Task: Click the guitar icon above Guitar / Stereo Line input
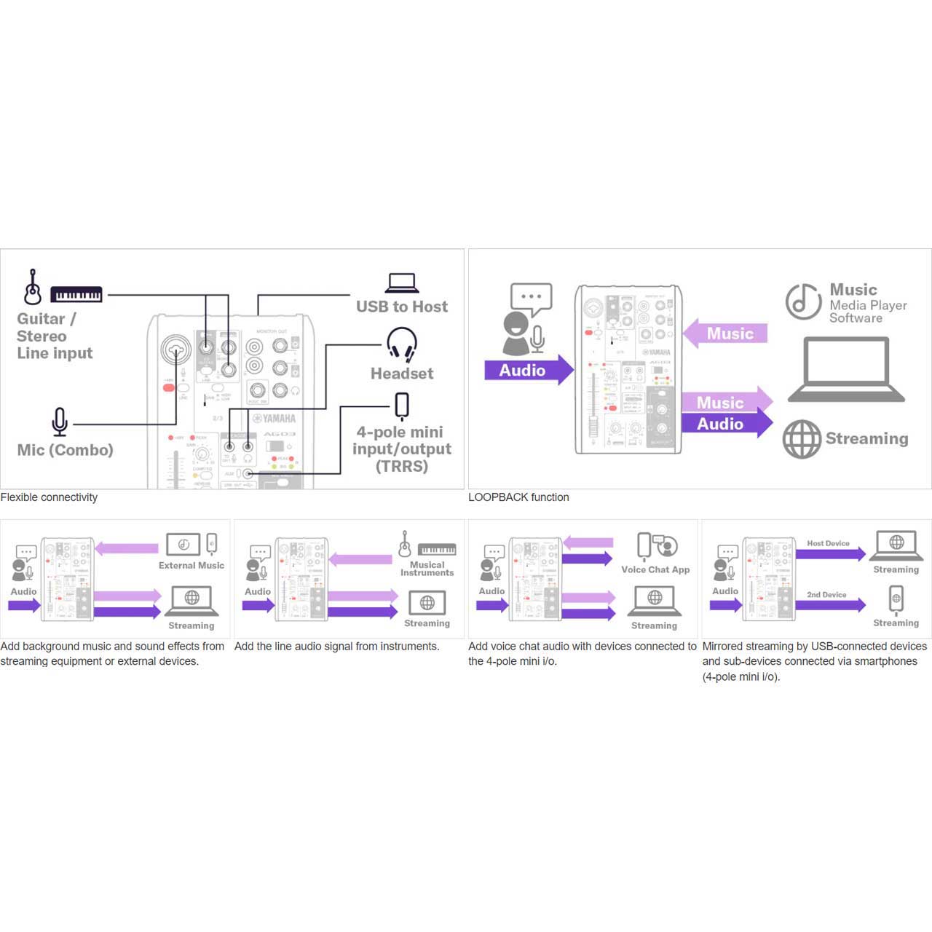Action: (x=32, y=287)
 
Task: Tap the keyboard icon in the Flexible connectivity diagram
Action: (x=76, y=294)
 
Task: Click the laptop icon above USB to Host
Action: (x=402, y=283)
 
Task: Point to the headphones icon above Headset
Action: (x=401, y=344)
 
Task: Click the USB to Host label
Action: (x=402, y=307)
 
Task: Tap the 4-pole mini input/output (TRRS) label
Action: (x=402, y=449)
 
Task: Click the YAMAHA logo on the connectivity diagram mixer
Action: (x=275, y=419)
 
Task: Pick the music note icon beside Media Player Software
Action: (x=803, y=301)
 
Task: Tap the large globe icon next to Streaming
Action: (x=802, y=439)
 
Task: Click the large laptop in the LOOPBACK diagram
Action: (x=846, y=370)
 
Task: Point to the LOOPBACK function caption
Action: (x=518, y=497)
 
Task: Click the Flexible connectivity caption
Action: (x=49, y=497)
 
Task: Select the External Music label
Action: (x=191, y=565)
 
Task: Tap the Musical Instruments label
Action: (x=427, y=569)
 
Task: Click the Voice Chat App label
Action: (x=655, y=569)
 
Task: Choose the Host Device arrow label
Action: (x=828, y=543)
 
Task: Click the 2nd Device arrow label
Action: (x=826, y=595)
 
